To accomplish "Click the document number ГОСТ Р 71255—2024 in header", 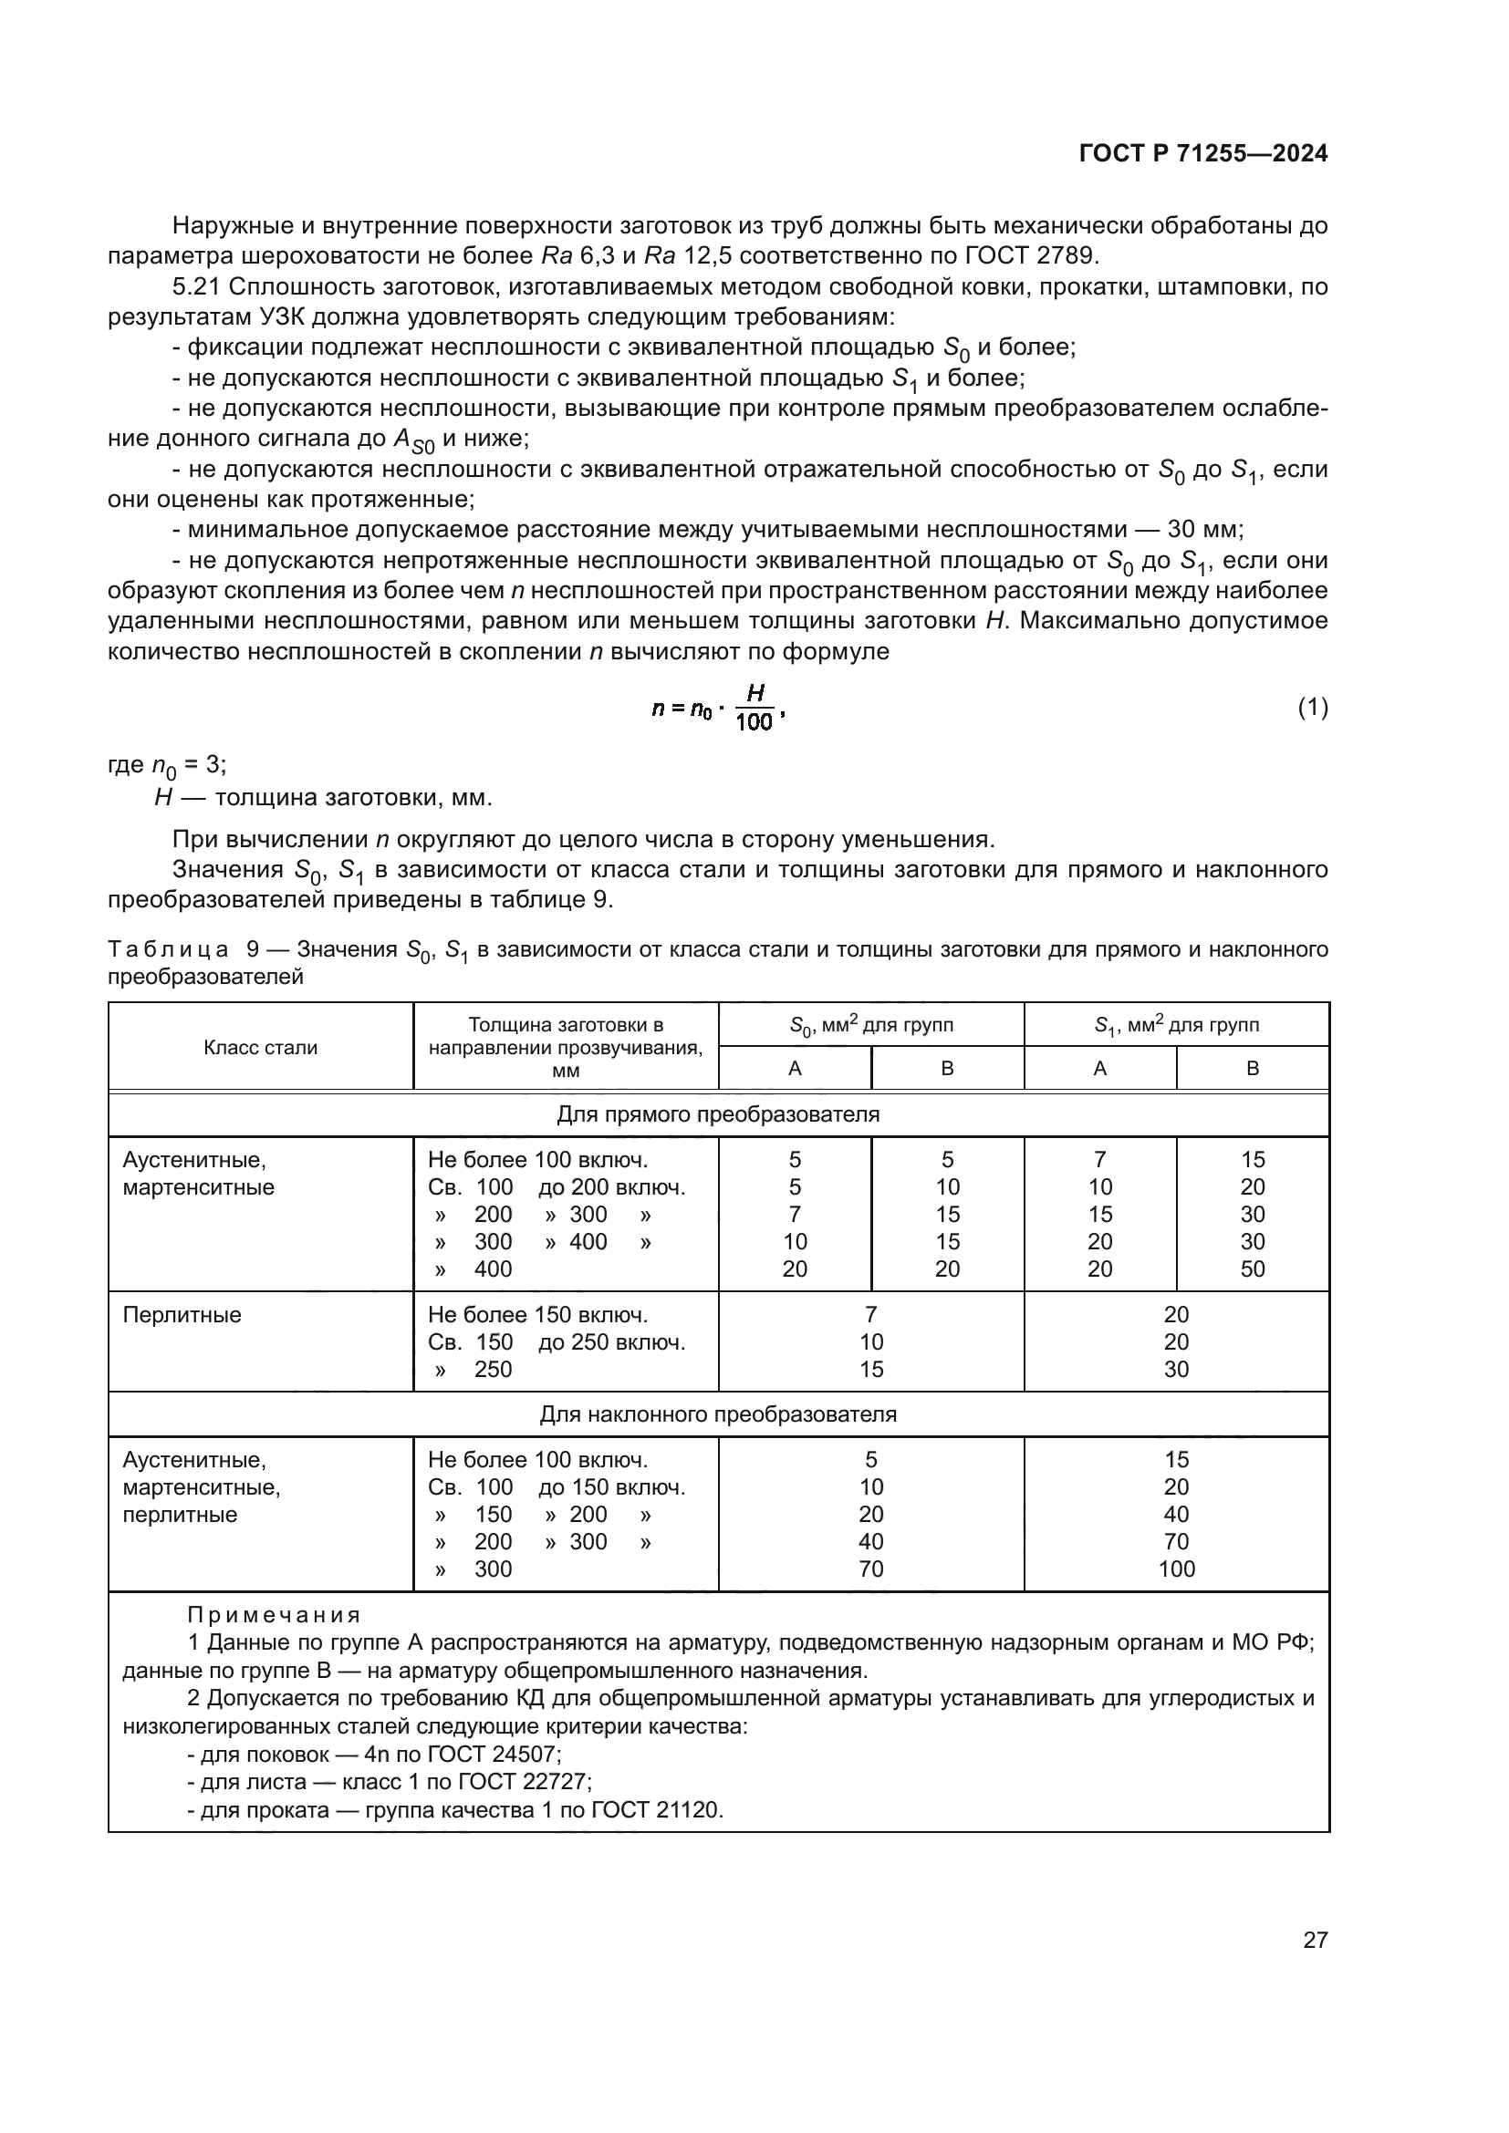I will click(x=1202, y=154).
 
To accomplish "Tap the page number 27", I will click(x=1315, y=1940).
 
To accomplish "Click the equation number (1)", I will click(x=1312, y=708).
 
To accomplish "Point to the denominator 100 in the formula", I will click(x=754, y=722).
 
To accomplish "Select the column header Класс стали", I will click(x=260, y=1047).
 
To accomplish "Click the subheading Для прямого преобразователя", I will click(x=717, y=1113).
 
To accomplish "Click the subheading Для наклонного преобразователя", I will click(x=717, y=1414).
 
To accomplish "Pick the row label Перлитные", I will click(x=182, y=1315).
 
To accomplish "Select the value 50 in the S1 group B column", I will click(x=1252, y=1269).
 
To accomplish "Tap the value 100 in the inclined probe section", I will click(x=1175, y=1569).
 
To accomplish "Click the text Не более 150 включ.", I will click(x=537, y=1315).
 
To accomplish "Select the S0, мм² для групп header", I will click(x=870, y=1026).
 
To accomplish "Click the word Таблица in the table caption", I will click(x=168, y=949).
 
